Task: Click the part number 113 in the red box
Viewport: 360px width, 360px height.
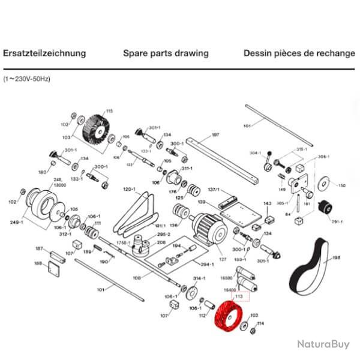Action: point(239,297)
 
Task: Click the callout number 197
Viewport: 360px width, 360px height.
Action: point(215,136)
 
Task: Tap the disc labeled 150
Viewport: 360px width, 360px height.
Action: point(326,184)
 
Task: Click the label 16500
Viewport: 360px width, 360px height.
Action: point(226,278)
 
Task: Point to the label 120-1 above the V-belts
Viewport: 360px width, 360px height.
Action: point(129,189)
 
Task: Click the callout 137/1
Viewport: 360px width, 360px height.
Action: point(214,190)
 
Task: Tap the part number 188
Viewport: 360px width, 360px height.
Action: point(38,263)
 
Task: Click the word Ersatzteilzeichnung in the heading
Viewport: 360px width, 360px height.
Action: point(44,53)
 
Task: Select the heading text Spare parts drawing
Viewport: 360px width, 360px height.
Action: point(166,53)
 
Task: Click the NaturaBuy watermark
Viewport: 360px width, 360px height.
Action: point(323,344)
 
